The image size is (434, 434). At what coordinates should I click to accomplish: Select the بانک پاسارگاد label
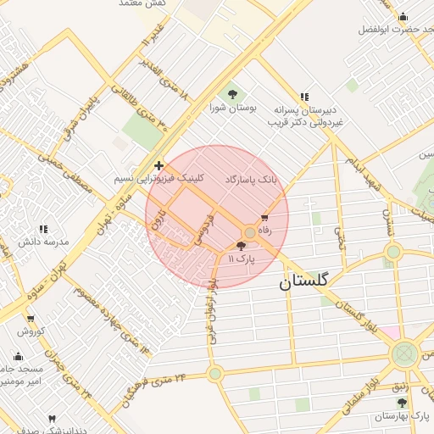click(x=252, y=181)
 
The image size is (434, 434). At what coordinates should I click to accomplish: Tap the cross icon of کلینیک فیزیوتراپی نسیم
click(x=159, y=165)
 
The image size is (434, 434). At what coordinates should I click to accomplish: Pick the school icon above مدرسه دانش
click(x=43, y=229)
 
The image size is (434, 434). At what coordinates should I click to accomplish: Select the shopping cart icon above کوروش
click(x=31, y=319)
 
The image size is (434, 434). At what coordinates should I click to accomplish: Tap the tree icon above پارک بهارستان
click(x=402, y=403)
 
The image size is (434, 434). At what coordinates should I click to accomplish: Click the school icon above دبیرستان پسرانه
click(x=304, y=97)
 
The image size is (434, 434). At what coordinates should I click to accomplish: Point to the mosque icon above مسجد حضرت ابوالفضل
click(x=402, y=16)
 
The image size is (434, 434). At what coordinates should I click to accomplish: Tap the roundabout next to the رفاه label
click(x=249, y=231)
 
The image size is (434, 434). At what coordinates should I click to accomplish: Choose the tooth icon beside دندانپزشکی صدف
click(x=52, y=420)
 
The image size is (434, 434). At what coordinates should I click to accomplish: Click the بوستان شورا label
click(x=232, y=108)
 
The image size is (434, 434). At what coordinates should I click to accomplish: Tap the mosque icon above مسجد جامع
click(x=19, y=356)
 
